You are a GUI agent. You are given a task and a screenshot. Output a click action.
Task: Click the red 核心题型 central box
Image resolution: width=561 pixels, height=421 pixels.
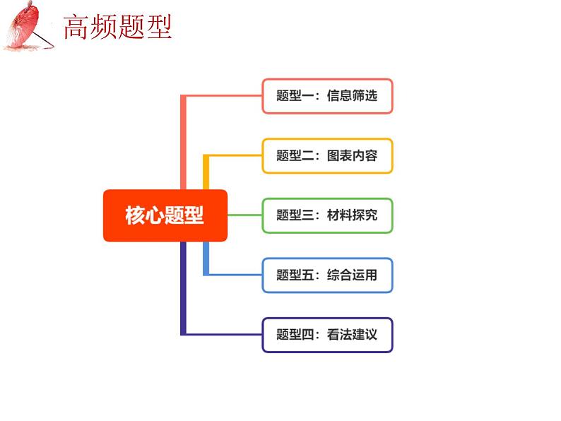[x=165, y=215]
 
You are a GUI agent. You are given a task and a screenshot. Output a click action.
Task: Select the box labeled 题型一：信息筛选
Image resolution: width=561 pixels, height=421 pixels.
[x=327, y=96]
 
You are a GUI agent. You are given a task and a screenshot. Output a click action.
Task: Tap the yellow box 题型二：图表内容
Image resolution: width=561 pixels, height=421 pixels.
[x=327, y=155]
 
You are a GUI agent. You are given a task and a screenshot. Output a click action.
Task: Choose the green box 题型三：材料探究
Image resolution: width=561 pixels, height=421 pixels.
[x=327, y=215]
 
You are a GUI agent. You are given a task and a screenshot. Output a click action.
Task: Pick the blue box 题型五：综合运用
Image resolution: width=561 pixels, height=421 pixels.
[x=327, y=275]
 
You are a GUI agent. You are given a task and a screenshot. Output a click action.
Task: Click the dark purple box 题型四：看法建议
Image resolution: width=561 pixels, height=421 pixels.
[x=327, y=335]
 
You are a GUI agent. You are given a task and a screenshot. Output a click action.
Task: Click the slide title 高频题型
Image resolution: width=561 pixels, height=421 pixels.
[x=117, y=28]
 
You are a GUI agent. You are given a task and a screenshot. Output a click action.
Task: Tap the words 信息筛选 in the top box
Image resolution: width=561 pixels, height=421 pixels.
[x=352, y=96]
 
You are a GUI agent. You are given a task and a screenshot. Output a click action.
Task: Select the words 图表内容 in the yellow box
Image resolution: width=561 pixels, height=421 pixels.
[x=352, y=155]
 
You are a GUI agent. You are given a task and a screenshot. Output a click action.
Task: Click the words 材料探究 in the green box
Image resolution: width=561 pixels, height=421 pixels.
[x=352, y=215]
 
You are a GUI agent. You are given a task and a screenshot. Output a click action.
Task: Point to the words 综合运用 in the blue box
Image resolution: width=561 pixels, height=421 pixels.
[x=352, y=275]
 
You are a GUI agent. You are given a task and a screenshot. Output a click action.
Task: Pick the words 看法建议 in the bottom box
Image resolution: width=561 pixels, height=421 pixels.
[x=352, y=335]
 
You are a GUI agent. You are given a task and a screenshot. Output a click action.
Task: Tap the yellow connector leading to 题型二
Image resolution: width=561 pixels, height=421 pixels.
[x=233, y=155]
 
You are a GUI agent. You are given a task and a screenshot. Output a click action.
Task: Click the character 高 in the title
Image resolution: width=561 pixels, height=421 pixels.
[x=76, y=28]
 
